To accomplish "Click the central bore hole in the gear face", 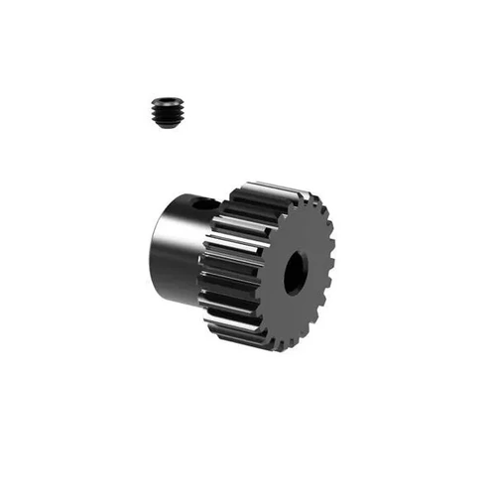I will pyautogui.click(x=295, y=273).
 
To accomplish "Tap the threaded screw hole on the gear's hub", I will pyautogui.click(x=204, y=202).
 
